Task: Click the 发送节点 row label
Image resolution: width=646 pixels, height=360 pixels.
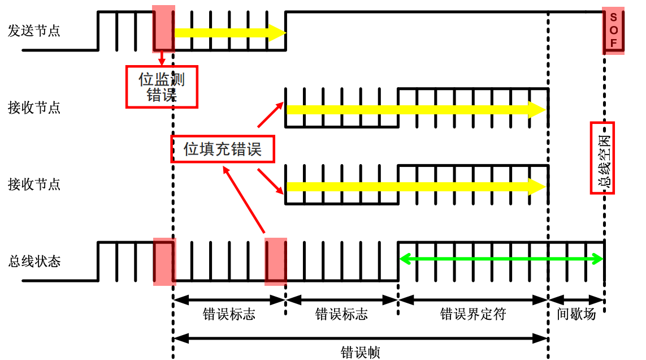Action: point(34,31)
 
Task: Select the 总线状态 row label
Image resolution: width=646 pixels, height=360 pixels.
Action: point(34,262)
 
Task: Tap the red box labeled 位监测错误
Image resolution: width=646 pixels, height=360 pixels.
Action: point(162,87)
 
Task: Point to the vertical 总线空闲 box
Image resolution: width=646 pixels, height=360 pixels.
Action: point(602,158)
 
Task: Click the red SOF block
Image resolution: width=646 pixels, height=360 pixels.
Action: point(613,31)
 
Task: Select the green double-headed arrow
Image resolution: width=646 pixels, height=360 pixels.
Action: point(501,259)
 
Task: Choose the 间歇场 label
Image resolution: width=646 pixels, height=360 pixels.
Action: point(576,315)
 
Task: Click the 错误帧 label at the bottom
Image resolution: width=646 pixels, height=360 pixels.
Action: point(361,353)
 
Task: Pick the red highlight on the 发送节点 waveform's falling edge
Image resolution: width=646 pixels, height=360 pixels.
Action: point(163,31)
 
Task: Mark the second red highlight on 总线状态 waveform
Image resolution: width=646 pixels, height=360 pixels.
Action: point(276,261)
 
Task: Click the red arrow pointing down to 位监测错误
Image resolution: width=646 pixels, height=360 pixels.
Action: point(162,58)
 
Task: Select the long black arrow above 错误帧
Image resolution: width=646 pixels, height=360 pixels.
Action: point(361,338)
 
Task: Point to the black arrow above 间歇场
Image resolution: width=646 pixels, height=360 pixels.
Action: point(576,299)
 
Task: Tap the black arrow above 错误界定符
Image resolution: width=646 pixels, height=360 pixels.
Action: point(473,299)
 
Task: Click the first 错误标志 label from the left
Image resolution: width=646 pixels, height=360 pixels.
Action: point(229,315)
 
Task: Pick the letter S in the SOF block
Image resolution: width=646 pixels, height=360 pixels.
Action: point(613,17)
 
